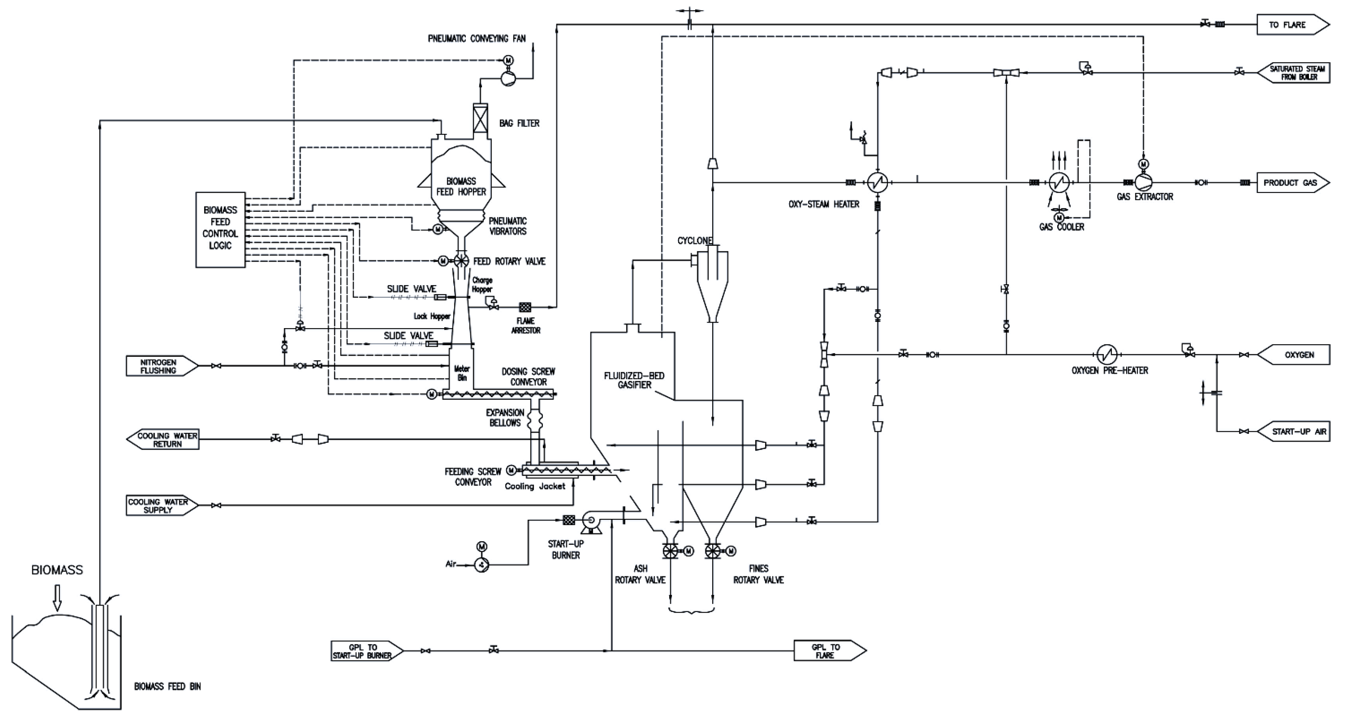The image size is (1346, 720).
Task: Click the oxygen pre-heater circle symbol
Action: click(x=1106, y=355)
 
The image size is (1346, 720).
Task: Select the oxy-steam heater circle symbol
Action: click(x=878, y=183)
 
